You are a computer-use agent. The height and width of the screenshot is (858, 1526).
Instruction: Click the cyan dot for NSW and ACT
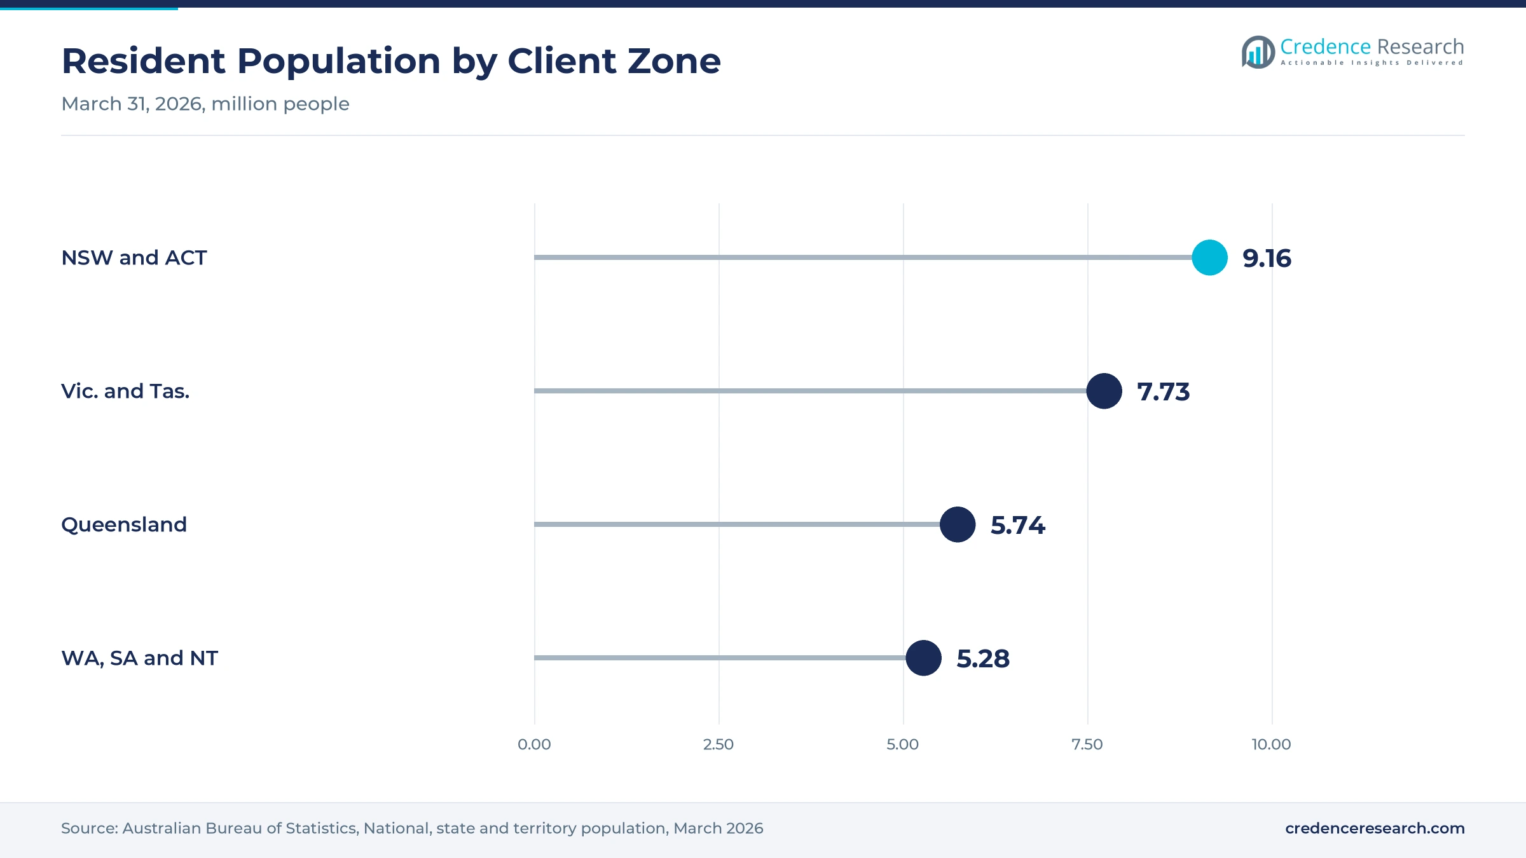(1209, 257)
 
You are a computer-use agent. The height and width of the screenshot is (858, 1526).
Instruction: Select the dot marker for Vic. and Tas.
(1104, 391)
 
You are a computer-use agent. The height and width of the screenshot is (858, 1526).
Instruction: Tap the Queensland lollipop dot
(958, 524)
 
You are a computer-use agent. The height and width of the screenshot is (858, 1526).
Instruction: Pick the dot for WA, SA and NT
(923, 658)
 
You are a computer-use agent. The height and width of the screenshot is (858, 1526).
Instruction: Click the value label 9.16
(1267, 258)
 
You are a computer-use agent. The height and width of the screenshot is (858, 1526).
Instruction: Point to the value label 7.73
(1163, 392)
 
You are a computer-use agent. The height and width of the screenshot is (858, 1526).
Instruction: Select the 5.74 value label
(1017, 525)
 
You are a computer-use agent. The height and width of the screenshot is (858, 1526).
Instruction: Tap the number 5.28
(983, 658)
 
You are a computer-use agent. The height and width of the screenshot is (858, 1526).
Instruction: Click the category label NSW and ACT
(134, 257)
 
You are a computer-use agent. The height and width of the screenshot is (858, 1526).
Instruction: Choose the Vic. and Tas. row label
(125, 391)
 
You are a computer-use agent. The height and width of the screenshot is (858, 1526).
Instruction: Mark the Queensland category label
(124, 524)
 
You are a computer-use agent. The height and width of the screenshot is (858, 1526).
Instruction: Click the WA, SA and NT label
(139, 658)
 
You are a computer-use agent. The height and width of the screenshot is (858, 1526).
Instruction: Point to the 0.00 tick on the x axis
(534, 744)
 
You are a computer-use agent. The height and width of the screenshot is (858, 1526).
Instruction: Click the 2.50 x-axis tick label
(718, 744)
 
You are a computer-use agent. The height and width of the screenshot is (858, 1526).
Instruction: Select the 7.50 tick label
(1087, 744)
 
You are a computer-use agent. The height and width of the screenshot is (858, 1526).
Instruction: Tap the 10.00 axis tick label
(1272, 744)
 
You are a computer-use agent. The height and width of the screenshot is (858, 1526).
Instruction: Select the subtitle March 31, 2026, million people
(205, 104)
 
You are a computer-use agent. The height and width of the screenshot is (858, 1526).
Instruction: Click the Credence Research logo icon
(1258, 52)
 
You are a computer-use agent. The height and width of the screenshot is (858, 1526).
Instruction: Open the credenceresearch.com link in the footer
(1375, 828)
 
